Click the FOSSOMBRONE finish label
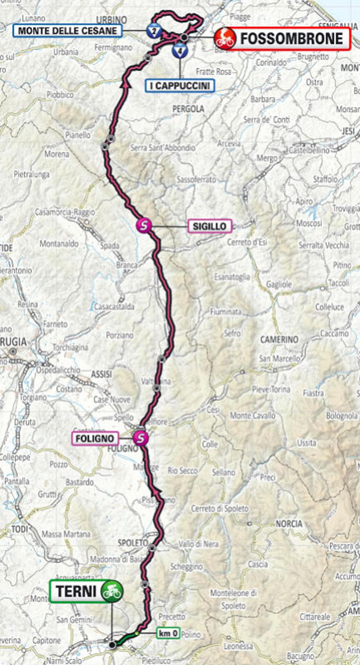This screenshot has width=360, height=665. (291, 39)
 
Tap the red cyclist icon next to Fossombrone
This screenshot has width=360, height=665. (225, 39)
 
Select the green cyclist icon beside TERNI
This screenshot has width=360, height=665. (111, 591)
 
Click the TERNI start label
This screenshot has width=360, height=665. (76, 591)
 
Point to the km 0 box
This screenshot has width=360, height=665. (168, 634)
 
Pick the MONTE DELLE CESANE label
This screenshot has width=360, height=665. (67, 31)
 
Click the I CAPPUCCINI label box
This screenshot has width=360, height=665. (180, 86)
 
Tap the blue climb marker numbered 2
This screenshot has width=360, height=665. (154, 31)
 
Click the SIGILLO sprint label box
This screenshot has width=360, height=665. (209, 226)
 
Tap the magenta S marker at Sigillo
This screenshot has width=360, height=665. (144, 225)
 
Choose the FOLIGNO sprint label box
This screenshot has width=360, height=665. (95, 438)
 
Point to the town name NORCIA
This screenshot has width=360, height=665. (289, 524)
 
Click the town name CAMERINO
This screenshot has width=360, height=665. (279, 340)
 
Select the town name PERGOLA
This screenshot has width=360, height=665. (188, 109)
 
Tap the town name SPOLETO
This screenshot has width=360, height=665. (133, 543)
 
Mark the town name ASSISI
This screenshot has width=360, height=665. (101, 374)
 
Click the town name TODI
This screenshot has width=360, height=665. (20, 529)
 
